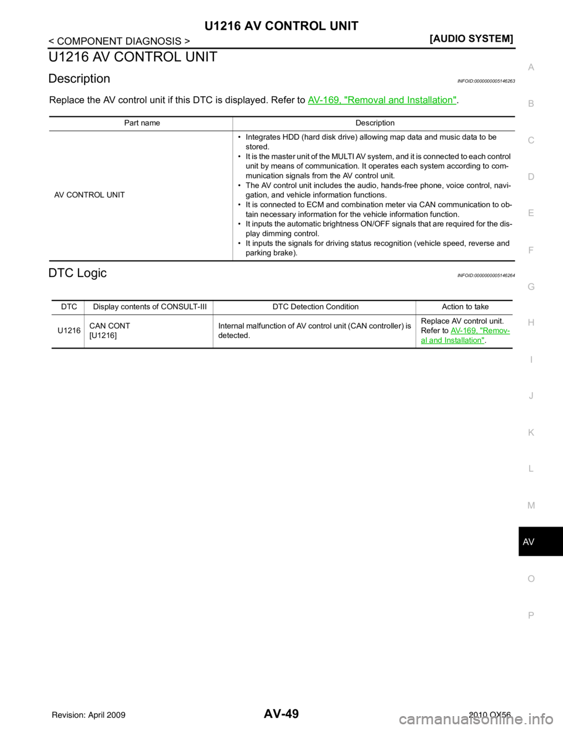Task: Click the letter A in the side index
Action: click(531, 67)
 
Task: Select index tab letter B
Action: click(531, 104)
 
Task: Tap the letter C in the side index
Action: click(531, 140)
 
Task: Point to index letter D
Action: click(531, 177)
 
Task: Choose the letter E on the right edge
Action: click(531, 213)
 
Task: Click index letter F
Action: click(531, 250)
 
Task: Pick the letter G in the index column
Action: click(531, 286)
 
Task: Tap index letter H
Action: click(531, 323)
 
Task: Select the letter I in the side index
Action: click(531, 359)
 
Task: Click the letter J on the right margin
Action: click(531, 396)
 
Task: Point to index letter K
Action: click(531, 433)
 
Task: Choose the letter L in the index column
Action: click(531, 469)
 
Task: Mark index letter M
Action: click(531, 505)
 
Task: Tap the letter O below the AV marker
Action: click(531, 579)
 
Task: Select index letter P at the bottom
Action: click(531, 615)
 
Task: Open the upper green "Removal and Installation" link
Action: click(382, 100)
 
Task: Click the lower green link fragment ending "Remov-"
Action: click(480, 330)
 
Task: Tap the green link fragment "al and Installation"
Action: click(453, 340)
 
